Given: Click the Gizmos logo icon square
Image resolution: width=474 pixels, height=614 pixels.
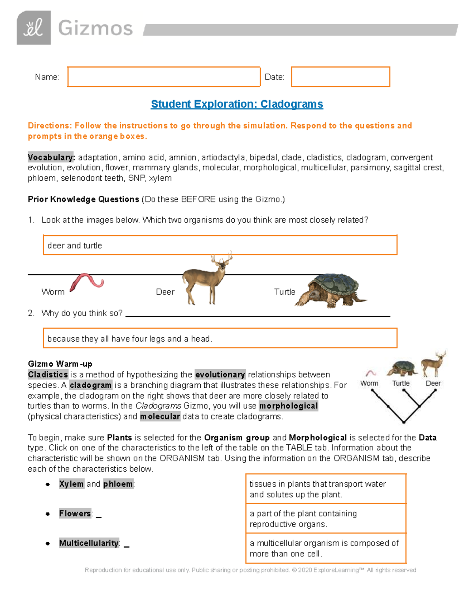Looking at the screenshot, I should click(x=34, y=28).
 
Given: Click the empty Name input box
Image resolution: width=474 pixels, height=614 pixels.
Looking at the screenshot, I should click(x=164, y=77).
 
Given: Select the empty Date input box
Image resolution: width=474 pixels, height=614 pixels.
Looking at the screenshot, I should click(x=340, y=77).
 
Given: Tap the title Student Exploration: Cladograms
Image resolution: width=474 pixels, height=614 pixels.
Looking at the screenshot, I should click(x=237, y=104).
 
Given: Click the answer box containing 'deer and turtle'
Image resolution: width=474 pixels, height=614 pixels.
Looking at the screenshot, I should click(x=220, y=245).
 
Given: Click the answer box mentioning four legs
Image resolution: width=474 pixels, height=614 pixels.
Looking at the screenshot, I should click(x=220, y=338).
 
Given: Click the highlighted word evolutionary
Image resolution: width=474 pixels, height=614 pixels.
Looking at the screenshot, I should click(x=220, y=374).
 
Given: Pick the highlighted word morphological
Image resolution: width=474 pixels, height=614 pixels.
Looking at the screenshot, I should click(x=288, y=406).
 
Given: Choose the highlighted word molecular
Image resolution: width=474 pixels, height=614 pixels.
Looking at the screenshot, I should click(x=160, y=416).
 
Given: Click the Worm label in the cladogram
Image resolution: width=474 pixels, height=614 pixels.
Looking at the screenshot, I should click(x=369, y=383).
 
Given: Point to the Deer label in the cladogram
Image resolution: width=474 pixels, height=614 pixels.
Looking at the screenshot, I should click(x=433, y=383).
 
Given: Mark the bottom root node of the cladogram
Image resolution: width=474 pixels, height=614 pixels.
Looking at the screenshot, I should click(x=404, y=422).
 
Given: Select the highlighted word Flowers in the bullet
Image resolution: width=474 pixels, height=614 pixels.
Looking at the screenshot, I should click(x=75, y=514).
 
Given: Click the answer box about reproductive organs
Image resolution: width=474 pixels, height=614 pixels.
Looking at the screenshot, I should click(x=326, y=519).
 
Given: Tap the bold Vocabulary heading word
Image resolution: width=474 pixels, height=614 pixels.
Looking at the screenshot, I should click(x=51, y=157).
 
